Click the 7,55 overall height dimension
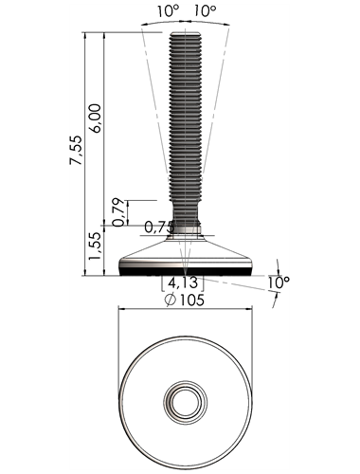(x=76, y=150)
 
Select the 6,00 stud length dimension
(x=95, y=118)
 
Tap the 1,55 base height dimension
(x=95, y=246)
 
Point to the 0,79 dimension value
(x=118, y=212)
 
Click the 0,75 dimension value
(x=159, y=227)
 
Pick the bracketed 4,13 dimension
(x=183, y=283)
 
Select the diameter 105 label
(x=185, y=300)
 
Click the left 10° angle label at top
(x=169, y=11)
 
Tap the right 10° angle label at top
(x=206, y=11)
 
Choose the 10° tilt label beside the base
(x=279, y=283)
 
